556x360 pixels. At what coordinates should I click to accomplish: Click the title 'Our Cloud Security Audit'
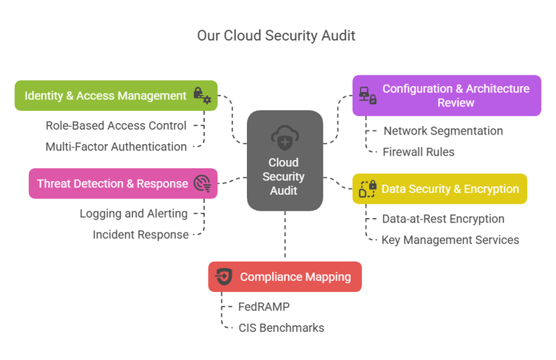276,35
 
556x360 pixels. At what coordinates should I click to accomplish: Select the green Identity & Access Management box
116,96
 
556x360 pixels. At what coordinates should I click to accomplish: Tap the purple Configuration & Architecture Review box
447,96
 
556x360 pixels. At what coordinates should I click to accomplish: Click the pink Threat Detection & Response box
123,184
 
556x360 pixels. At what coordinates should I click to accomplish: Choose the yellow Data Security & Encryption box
439,189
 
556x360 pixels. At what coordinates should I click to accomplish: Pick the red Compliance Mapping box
285,277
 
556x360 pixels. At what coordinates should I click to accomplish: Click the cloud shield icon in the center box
284,137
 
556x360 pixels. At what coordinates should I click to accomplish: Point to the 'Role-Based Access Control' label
116,125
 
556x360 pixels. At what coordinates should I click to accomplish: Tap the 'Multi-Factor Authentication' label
116,147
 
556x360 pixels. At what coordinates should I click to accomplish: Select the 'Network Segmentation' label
442,131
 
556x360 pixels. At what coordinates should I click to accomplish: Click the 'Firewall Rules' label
418,152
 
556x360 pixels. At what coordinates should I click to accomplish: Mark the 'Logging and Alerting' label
133,214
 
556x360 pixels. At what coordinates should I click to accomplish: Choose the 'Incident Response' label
140,235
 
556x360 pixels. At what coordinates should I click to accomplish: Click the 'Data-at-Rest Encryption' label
442,219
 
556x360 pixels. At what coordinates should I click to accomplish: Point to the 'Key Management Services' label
450,240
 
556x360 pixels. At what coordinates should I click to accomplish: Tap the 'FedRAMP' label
264,306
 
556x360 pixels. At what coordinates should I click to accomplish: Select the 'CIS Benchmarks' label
281,327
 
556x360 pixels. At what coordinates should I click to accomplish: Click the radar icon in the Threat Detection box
202,184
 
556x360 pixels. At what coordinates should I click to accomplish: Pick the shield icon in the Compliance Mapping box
224,277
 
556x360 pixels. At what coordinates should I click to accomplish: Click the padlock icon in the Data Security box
368,189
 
